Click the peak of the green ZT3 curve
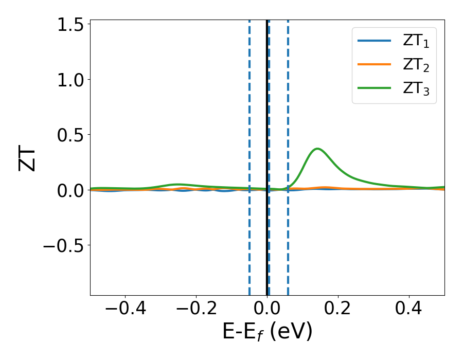click(318, 149)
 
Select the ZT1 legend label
click(416, 42)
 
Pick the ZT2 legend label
click(416, 65)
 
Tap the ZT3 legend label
click(416, 89)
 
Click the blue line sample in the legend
click(376, 41)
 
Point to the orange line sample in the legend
click(376, 65)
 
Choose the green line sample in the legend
click(376, 88)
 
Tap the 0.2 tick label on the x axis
click(338, 310)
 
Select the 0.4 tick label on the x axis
click(409, 310)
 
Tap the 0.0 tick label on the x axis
click(267, 310)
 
